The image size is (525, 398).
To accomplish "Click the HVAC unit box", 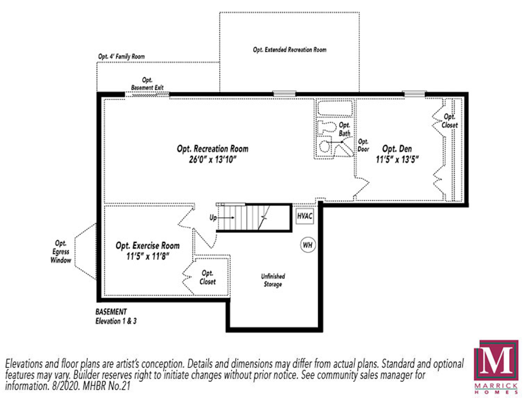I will (x=305, y=216).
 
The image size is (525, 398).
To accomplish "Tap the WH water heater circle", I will (x=307, y=245).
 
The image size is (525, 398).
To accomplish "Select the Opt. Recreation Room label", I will (x=212, y=149).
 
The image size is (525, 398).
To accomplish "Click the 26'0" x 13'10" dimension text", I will (x=212, y=160).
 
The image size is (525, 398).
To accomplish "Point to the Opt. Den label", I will (x=397, y=149).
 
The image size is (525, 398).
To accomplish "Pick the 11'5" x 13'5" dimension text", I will (x=397, y=159).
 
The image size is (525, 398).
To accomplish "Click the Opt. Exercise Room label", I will (x=148, y=246).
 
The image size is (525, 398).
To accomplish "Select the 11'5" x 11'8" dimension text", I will (x=148, y=257).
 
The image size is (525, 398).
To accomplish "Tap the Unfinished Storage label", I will (x=273, y=280).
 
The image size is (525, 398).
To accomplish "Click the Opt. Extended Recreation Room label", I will (x=290, y=50).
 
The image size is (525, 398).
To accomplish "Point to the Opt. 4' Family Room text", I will (x=121, y=56).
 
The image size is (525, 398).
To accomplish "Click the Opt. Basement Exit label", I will (x=147, y=84).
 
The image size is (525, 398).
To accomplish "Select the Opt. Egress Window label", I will (x=61, y=252).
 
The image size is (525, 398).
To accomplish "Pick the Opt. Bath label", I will (x=344, y=129).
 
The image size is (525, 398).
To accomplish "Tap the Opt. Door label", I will (x=363, y=145).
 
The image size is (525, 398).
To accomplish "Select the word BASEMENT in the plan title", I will (x=111, y=312).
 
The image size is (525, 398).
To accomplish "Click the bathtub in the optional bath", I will (x=334, y=108).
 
